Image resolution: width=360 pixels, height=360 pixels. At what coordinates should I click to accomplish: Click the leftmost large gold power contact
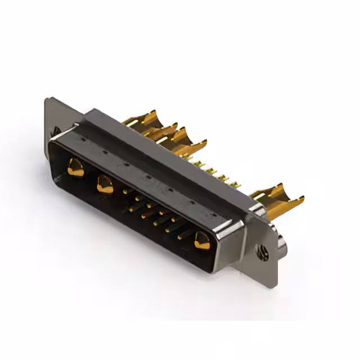[x=75, y=167]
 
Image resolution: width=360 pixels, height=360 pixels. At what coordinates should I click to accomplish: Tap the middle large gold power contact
[x=105, y=184]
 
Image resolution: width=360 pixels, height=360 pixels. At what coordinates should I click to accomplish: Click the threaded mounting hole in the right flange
[x=261, y=253]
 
